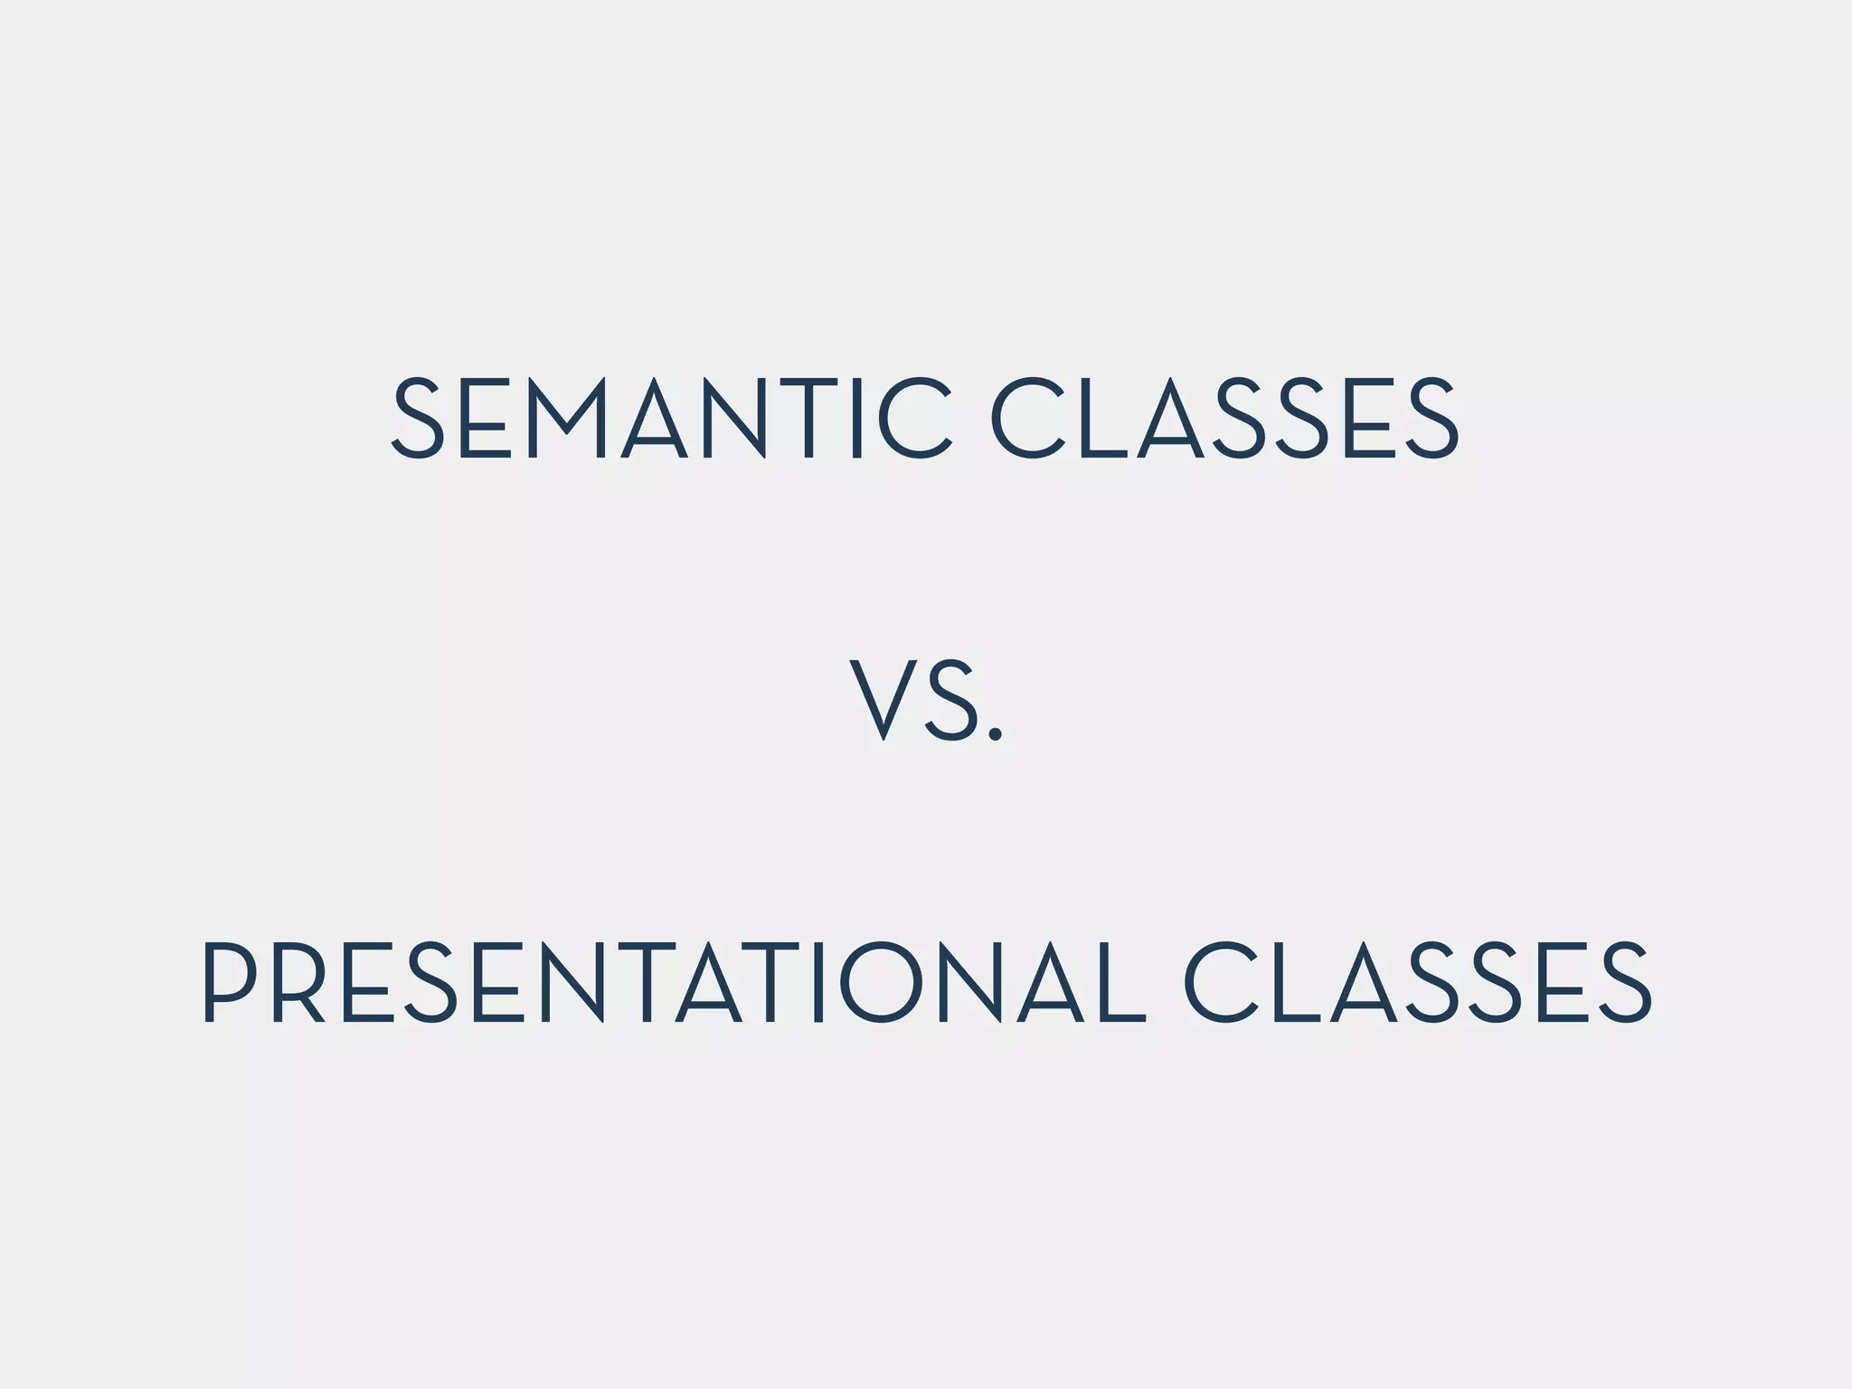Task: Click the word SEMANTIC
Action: coord(670,419)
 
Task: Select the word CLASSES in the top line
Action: coord(1224,419)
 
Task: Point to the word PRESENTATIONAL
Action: coord(674,982)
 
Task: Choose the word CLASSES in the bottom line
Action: coord(1418,982)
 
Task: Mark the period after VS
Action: coord(996,733)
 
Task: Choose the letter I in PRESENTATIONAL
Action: coord(818,982)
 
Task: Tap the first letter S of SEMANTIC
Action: coord(417,419)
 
